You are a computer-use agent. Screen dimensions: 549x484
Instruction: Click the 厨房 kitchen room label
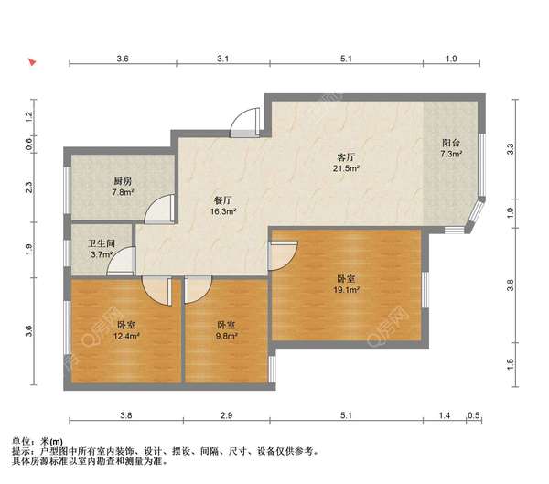click(x=123, y=181)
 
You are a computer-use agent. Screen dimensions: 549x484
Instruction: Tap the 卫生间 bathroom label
click(x=102, y=243)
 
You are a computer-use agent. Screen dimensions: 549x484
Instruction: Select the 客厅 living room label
click(x=346, y=157)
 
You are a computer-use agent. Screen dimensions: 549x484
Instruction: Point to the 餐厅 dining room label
click(x=222, y=200)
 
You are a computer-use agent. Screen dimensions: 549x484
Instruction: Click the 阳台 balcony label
click(x=451, y=143)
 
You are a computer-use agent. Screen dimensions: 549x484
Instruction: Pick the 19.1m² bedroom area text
click(x=347, y=290)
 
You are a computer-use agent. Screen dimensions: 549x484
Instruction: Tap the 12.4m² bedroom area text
click(x=126, y=336)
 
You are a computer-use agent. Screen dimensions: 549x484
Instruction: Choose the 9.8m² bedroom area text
click(x=227, y=336)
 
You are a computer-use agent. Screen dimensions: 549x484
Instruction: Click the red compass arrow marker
click(x=32, y=62)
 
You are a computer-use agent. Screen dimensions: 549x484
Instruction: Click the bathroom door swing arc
click(x=115, y=254)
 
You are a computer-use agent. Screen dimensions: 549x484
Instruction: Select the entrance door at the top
click(x=244, y=122)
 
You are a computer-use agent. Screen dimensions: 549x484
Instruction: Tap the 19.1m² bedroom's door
click(x=283, y=255)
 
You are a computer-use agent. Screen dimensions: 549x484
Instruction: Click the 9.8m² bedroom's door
click(x=198, y=290)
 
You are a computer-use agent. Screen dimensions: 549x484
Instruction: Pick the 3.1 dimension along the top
click(x=222, y=59)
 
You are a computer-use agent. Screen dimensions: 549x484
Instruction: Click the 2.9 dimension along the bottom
click(x=227, y=415)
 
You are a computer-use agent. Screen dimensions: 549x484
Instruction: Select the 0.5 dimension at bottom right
click(x=473, y=415)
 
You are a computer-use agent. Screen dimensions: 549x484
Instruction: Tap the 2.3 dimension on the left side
click(x=28, y=187)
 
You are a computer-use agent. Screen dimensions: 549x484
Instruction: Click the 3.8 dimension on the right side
click(x=511, y=285)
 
